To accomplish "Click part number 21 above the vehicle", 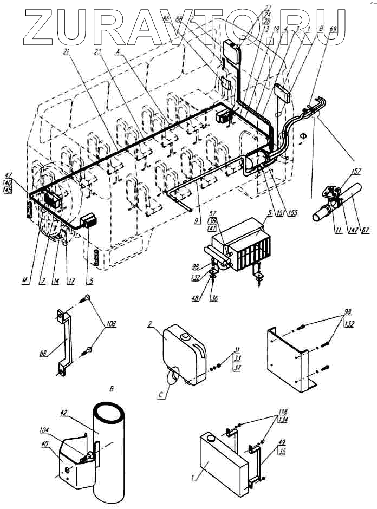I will pyautogui.click(x=66, y=52).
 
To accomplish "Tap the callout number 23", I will pyautogui.click(x=97, y=52).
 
